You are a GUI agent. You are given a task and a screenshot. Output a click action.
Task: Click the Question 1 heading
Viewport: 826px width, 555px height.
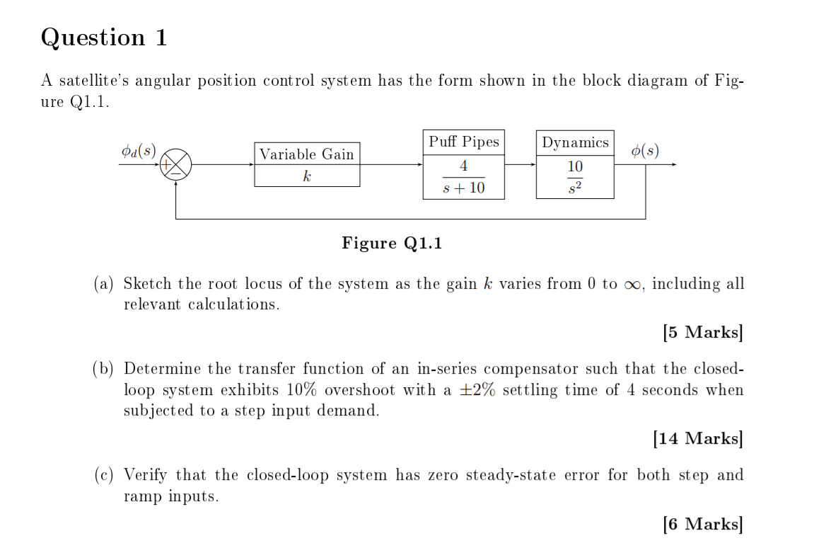(x=104, y=38)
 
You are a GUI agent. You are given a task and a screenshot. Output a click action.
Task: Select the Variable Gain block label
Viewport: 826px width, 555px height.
(x=306, y=154)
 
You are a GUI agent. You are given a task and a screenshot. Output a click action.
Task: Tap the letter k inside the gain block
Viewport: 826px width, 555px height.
(x=306, y=176)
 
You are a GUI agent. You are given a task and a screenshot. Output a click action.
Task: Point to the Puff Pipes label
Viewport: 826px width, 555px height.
(x=464, y=142)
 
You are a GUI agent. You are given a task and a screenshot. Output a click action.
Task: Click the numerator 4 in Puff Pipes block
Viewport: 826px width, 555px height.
(x=463, y=166)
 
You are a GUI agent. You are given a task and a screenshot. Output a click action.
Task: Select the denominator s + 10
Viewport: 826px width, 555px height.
(x=463, y=188)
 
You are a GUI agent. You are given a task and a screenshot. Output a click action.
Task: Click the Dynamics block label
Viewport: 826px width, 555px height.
(x=575, y=142)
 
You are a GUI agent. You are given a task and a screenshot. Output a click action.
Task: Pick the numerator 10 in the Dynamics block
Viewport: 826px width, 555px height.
(x=575, y=166)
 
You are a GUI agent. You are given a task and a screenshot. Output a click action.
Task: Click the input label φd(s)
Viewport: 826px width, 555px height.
(x=139, y=151)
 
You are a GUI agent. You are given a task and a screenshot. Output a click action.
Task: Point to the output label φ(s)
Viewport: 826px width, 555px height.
(x=645, y=151)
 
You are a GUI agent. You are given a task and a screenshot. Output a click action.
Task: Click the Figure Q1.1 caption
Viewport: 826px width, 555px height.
(x=392, y=244)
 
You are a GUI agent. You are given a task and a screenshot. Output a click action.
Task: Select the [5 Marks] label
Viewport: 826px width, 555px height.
(x=703, y=332)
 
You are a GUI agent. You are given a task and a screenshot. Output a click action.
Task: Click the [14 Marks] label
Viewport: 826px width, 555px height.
(x=698, y=439)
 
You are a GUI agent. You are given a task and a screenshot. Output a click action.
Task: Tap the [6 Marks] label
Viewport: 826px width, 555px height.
(x=703, y=524)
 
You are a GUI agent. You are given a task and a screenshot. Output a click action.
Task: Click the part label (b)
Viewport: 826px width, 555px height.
(x=104, y=369)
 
